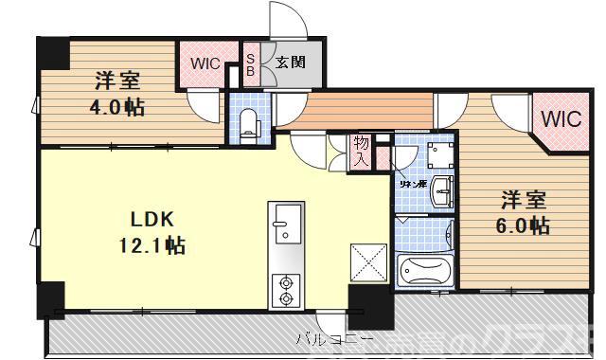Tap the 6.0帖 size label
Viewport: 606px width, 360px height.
click(524, 226)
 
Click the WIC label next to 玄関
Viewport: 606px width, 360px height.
click(204, 64)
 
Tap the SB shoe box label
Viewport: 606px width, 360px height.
click(251, 64)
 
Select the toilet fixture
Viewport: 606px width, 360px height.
click(247, 123)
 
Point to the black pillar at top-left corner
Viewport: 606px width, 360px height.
click(53, 54)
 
